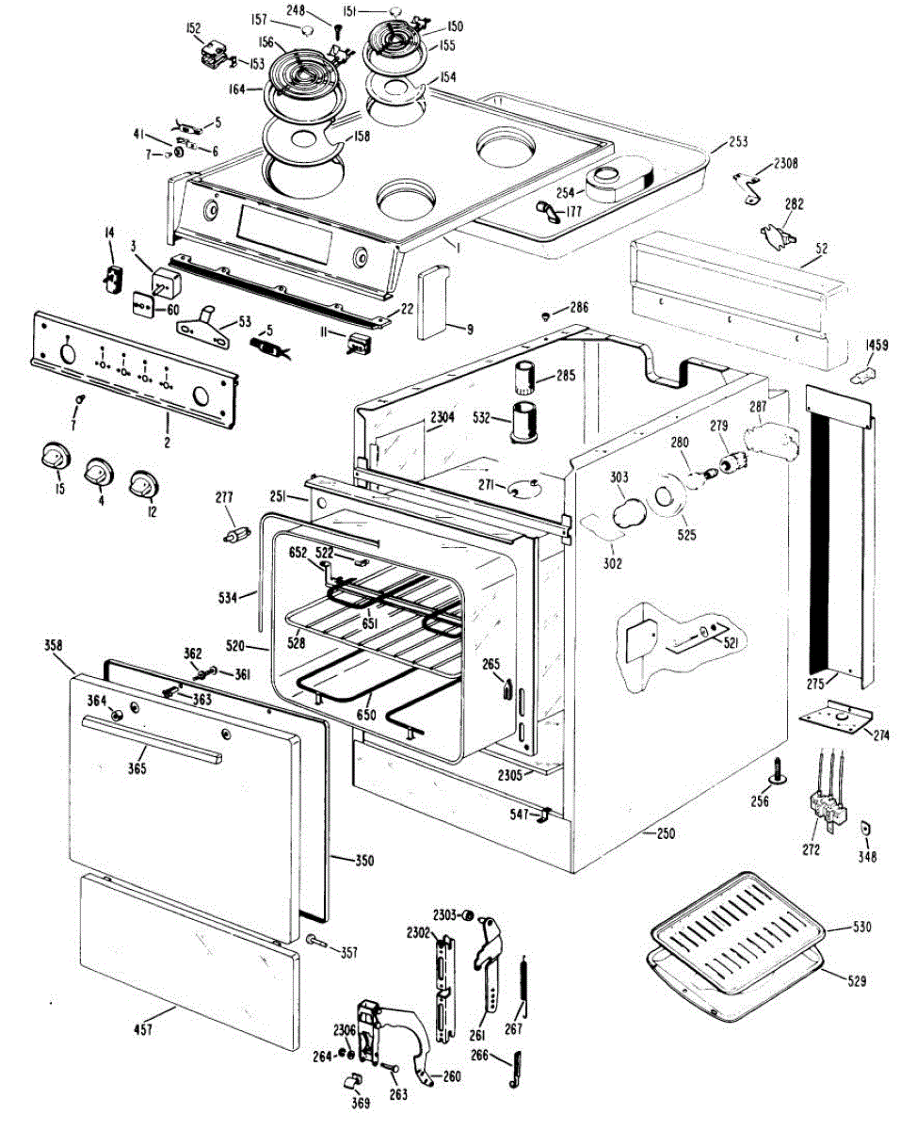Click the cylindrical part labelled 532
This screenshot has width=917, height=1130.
coord(523,421)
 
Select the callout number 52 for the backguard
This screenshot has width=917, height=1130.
coord(821,249)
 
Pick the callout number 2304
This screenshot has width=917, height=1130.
coord(442,416)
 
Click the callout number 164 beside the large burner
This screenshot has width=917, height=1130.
coord(237,89)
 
